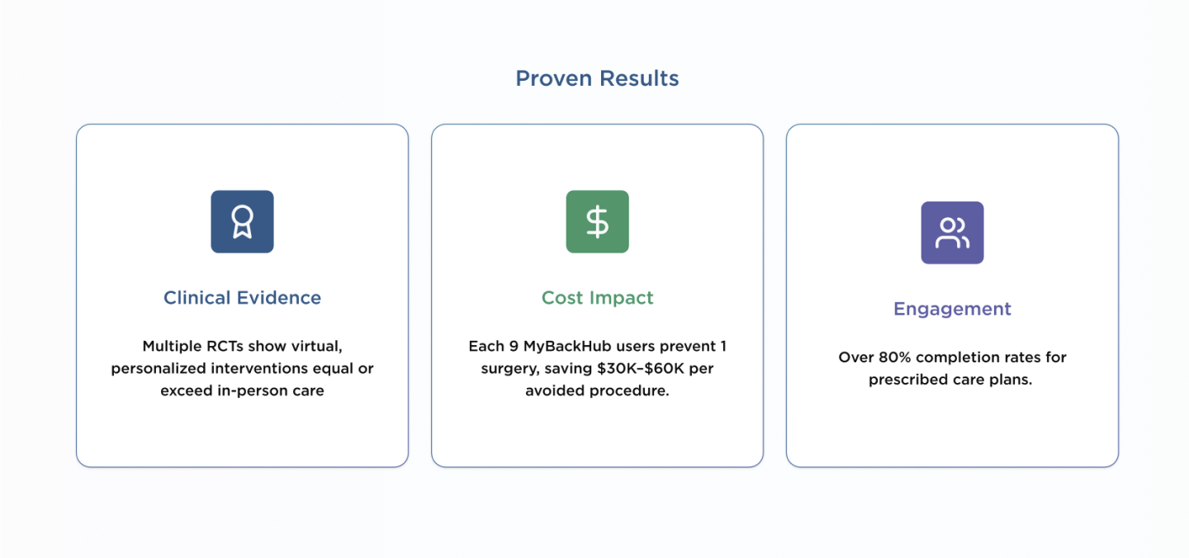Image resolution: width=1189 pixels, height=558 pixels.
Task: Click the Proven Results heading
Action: pyautogui.click(x=597, y=79)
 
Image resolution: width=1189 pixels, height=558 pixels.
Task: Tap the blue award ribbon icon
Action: pyautogui.click(x=242, y=221)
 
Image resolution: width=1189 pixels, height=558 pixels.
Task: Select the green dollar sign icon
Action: pyautogui.click(x=597, y=221)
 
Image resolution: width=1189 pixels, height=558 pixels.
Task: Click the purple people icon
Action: pyautogui.click(x=952, y=233)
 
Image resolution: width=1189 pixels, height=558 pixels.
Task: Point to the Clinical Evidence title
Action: pyautogui.click(x=242, y=298)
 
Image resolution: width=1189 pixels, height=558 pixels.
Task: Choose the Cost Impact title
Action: pyautogui.click(x=597, y=298)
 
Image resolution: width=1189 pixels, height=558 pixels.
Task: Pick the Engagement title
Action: pyautogui.click(x=952, y=309)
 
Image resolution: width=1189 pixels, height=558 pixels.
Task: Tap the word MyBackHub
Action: pyautogui.click(x=566, y=347)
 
